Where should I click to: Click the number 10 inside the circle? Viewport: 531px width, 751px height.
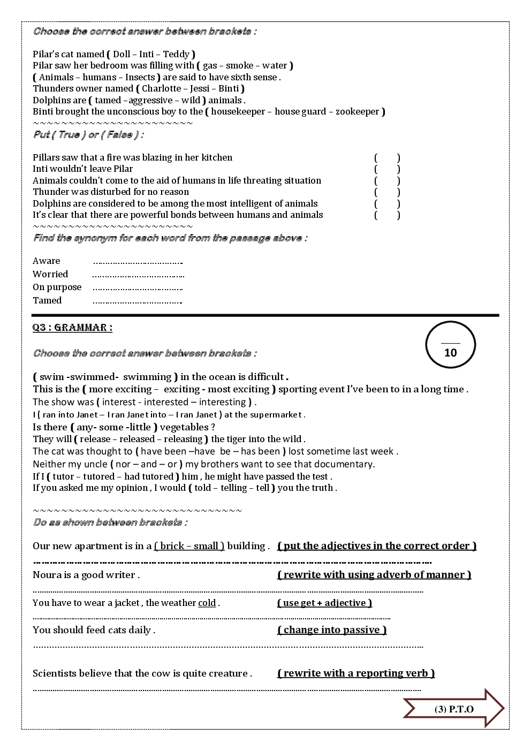pos(451,352)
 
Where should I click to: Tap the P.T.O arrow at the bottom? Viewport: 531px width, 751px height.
pos(454,709)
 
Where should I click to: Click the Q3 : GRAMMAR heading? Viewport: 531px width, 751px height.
pos(72,328)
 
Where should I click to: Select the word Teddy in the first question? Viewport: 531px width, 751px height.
pos(176,54)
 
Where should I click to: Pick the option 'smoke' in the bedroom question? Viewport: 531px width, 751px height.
pos(239,66)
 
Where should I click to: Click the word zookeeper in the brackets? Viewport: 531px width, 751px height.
pos(357,112)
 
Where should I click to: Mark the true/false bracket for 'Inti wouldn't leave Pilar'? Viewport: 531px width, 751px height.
pos(387,169)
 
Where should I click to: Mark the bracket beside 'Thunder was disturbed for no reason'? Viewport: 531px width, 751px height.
pos(387,192)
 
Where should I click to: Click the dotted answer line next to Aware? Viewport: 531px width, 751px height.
pos(138,262)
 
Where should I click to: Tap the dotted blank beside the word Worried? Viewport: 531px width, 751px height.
pos(138,276)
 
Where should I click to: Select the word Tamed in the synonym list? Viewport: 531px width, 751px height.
pos(47,300)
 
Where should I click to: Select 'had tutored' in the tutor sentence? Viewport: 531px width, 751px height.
pos(148,476)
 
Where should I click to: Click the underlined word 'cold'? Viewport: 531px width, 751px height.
pos(207,603)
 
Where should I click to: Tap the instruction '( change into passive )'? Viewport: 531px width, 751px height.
pos(332,630)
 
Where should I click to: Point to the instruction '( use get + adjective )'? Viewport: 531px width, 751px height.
pos(324,603)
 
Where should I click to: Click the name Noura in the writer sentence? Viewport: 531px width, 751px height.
pos(47,575)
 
